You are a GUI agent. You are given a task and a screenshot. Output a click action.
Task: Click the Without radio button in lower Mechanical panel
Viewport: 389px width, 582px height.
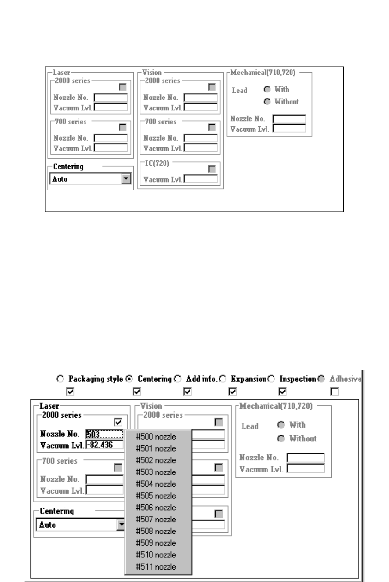coord(280,438)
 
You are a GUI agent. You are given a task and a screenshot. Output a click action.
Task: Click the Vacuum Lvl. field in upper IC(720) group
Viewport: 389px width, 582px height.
coord(201,179)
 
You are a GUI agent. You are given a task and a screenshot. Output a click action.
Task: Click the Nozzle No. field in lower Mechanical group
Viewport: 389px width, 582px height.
coord(305,458)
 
